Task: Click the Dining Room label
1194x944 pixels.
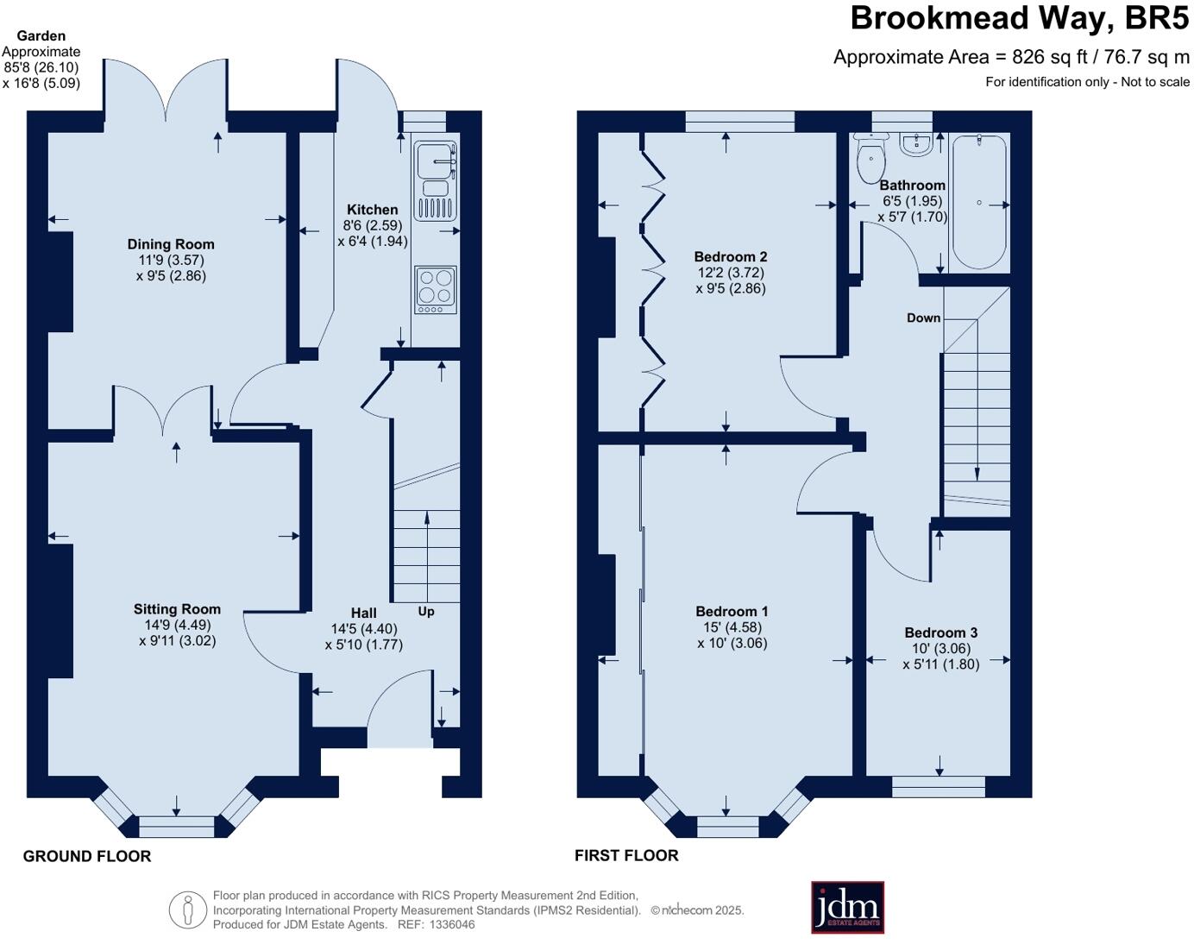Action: point(171,244)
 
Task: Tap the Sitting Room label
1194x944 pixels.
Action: point(177,609)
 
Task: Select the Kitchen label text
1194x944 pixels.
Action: point(372,210)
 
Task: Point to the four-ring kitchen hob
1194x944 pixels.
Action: point(436,289)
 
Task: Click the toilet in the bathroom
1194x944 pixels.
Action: point(871,160)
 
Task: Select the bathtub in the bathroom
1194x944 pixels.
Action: point(978,203)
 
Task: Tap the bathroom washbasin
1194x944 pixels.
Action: point(915,144)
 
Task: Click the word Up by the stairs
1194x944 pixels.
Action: point(426,612)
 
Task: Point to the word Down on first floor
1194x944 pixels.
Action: point(923,318)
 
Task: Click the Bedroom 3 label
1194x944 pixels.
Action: point(940,632)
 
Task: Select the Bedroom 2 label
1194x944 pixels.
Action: point(731,256)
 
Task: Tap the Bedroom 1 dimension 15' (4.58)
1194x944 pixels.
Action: point(729,627)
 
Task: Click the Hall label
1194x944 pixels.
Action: point(363,614)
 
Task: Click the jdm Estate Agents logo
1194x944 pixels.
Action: point(847,907)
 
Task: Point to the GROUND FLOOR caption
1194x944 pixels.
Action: point(87,856)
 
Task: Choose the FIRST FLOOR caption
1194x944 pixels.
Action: point(626,855)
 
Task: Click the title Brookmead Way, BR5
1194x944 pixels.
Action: point(1019,18)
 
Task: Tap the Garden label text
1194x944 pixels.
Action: point(41,35)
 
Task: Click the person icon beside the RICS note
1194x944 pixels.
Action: point(187,909)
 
